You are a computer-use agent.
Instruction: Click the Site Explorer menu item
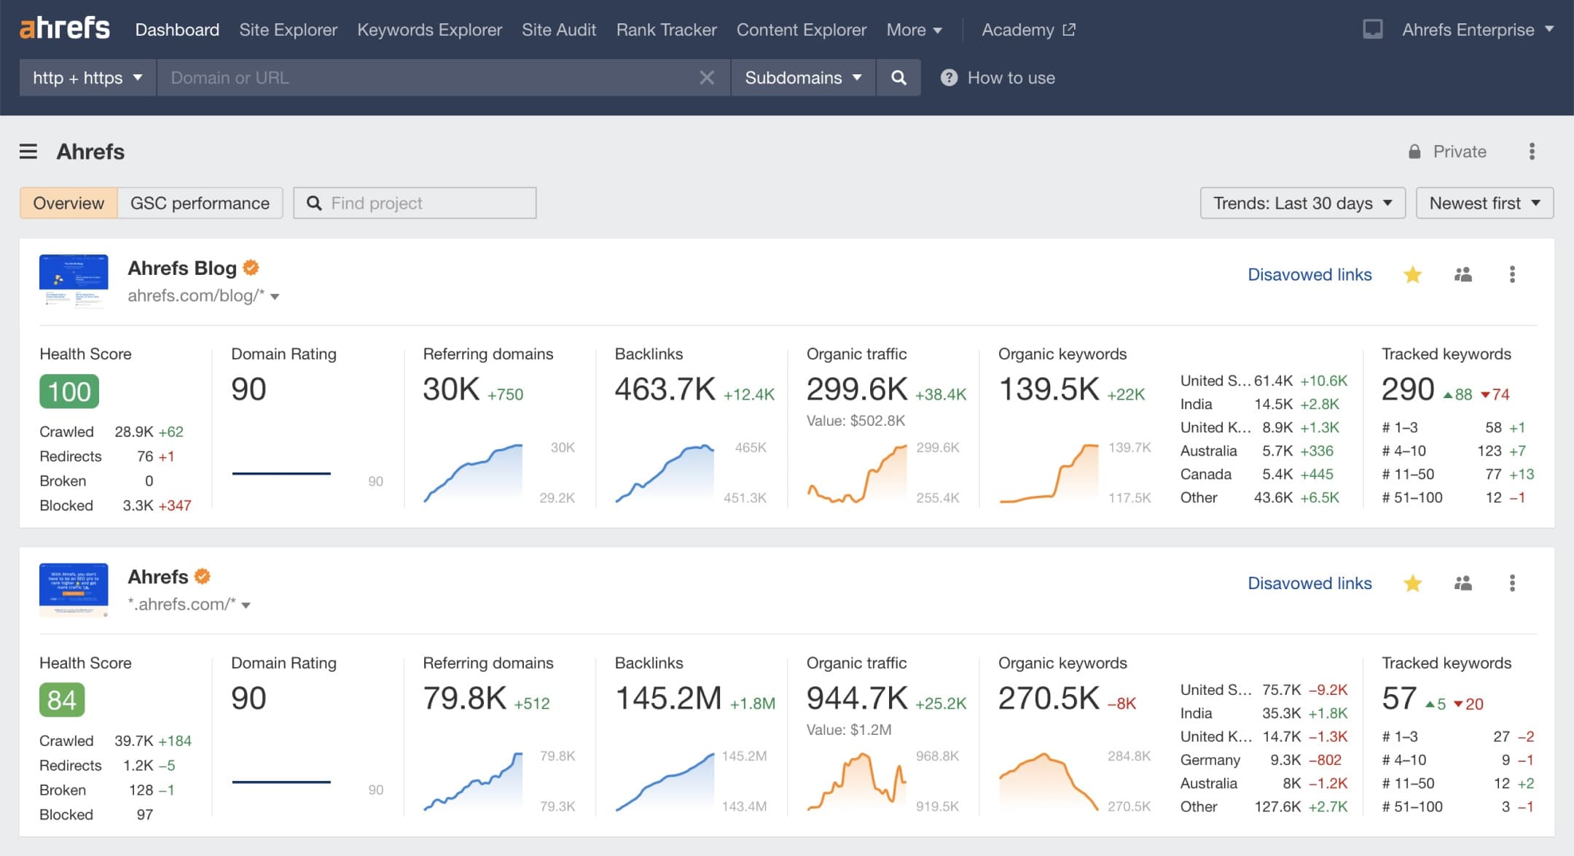pos(288,30)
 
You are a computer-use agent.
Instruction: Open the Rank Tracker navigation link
pos(666,30)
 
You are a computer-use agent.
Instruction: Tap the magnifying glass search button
pos(898,78)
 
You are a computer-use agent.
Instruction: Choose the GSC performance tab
pos(200,203)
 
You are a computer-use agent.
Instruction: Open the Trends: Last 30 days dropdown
pos(1302,203)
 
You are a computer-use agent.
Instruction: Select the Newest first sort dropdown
pos(1484,203)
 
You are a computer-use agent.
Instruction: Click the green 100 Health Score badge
pos(69,392)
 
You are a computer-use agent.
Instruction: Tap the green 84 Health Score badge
pos(62,700)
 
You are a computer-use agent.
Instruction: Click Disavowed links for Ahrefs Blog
pos(1309,275)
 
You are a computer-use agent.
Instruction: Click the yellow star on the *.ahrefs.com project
pos(1412,583)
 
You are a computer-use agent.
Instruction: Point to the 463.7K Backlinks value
pos(665,389)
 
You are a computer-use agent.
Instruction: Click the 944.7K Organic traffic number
pos(856,699)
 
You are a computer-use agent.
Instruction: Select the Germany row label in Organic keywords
pos(1210,760)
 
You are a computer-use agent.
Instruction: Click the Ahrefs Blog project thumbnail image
pos(74,280)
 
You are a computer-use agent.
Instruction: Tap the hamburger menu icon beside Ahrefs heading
pos(28,152)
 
